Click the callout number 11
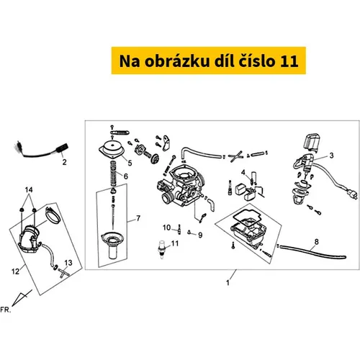pos(175,243)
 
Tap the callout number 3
pos(331,156)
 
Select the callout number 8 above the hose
pos(317,242)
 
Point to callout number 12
pos(15,271)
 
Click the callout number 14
pos(29,190)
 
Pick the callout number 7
pos(138,218)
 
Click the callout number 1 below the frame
pos(228,283)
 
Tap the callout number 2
pos(64,162)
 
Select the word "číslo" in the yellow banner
pos(256,61)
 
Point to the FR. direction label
pos(6,310)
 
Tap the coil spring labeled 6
pos(114,174)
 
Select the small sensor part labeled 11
pos(161,250)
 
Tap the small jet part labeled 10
pos(179,230)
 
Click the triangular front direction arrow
pos(21,298)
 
